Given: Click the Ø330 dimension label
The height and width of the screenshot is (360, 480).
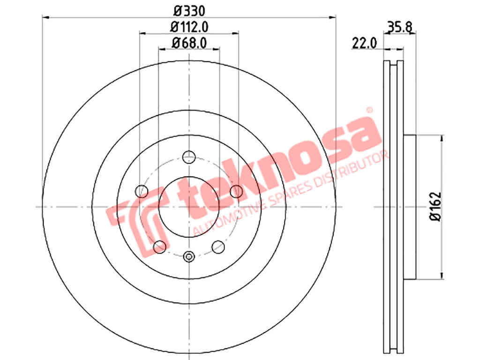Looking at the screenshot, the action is [x=189, y=11].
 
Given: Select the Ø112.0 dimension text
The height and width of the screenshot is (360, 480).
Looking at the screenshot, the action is [x=189, y=27].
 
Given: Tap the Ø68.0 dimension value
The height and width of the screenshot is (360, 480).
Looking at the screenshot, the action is [x=189, y=43].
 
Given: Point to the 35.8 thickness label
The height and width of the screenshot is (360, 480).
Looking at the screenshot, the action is [x=400, y=27].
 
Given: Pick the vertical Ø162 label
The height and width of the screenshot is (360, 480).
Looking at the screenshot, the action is [x=435, y=206].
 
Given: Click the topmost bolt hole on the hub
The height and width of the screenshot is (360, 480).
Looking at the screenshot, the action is [x=189, y=157].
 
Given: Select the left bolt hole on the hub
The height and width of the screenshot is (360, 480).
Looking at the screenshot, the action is [x=142, y=191].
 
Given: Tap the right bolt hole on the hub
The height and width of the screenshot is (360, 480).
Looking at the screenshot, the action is [x=236, y=191].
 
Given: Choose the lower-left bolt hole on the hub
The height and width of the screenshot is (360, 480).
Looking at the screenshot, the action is [x=159, y=247].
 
